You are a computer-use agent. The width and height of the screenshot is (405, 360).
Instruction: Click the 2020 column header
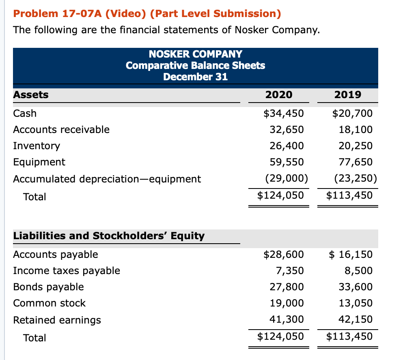(278, 95)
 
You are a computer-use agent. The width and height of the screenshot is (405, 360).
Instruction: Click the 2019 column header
(348, 95)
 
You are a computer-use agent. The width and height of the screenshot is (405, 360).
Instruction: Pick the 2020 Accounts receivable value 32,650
(287, 130)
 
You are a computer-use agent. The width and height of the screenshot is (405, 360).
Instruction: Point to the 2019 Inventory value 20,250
(355, 146)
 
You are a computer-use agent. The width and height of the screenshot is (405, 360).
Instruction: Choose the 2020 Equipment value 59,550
(287, 162)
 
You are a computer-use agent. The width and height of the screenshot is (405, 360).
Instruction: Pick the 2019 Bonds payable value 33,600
(355, 287)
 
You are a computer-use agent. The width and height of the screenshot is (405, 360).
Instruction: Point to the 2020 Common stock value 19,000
(287, 303)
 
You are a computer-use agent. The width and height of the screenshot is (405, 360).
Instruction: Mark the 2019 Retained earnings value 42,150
(355, 319)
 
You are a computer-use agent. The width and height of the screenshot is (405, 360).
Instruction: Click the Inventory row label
(37, 146)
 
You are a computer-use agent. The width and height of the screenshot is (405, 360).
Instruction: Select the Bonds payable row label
(48, 287)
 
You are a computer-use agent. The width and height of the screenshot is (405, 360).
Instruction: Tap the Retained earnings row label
(57, 320)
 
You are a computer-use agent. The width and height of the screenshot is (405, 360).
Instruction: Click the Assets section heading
(31, 95)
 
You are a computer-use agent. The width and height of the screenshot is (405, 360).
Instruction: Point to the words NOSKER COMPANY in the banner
(196, 54)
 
